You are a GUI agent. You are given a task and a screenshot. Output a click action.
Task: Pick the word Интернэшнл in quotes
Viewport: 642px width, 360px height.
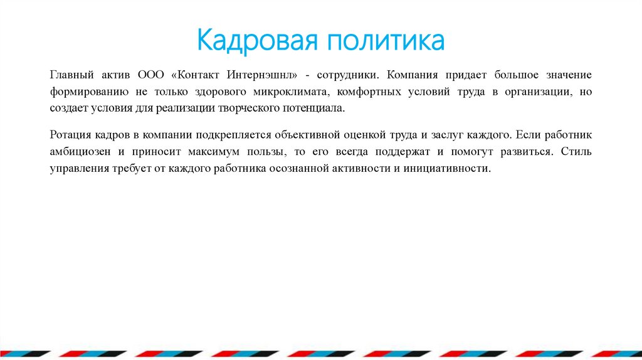266,75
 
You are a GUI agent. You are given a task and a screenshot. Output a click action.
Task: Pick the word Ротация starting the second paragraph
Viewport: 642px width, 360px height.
70,135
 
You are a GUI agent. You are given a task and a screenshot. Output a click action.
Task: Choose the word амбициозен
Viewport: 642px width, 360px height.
78,152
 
